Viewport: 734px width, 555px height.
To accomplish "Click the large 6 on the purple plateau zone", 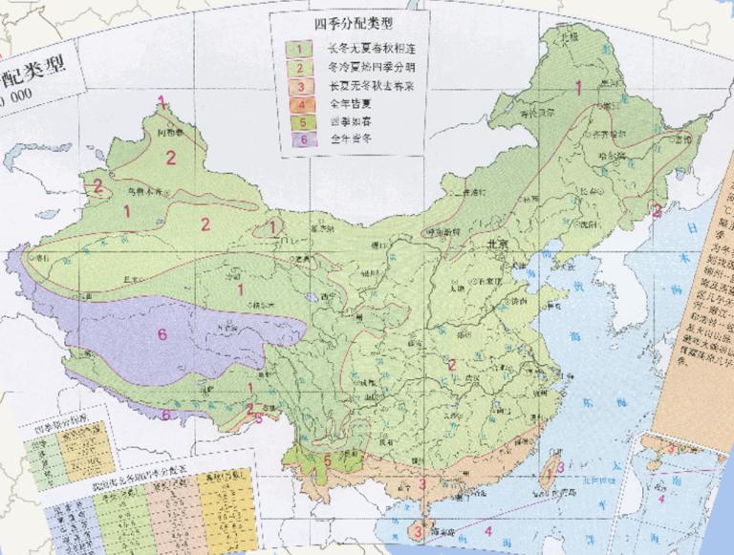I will (162, 334).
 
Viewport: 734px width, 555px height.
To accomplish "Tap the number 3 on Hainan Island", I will (416, 528).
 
